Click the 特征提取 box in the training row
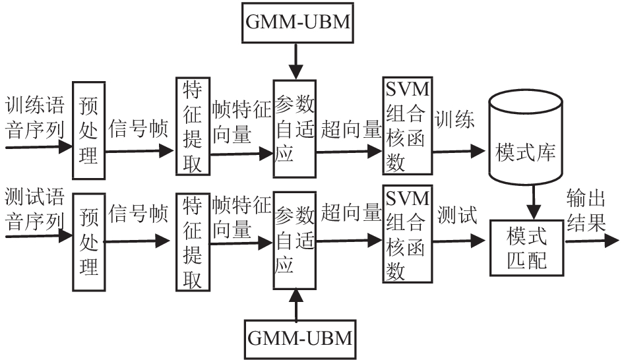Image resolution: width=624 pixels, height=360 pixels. [x=192, y=126]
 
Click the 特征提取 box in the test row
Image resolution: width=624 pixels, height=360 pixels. [x=192, y=242]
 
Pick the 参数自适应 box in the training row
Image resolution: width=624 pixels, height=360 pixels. [x=294, y=126]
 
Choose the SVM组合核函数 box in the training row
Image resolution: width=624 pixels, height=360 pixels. [x=406, y=126]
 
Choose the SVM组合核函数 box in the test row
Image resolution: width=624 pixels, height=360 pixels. [x=406, y=237]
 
